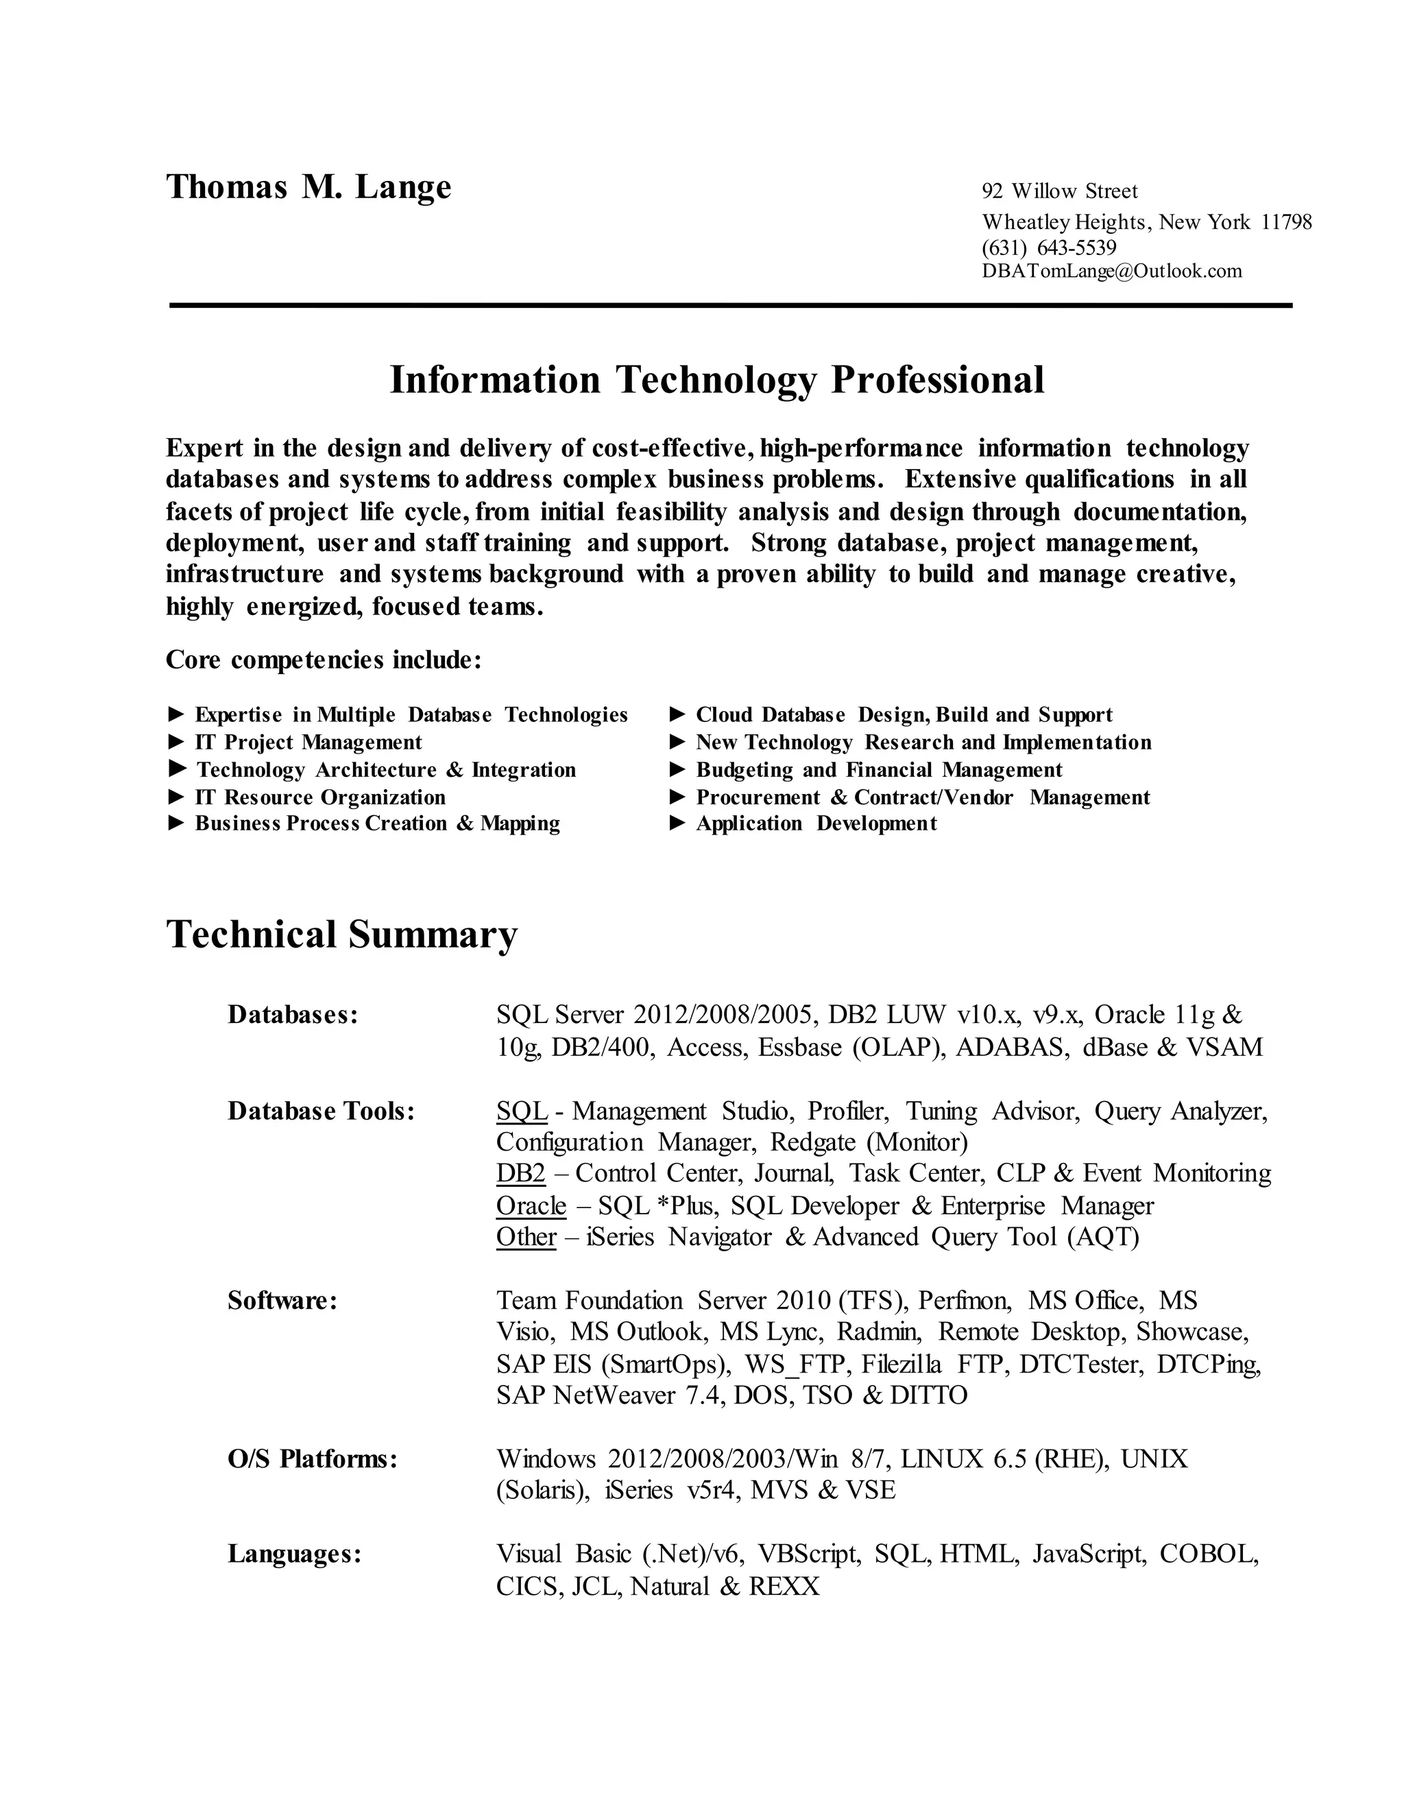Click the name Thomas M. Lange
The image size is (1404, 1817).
pos(308,187)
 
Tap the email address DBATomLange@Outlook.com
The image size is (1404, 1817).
pos(1112,272)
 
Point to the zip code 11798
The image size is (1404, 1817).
pos(1286,222)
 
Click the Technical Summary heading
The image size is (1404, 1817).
pos(342,935)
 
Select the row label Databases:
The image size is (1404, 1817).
pos(293,1015)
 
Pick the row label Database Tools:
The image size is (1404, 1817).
pos(321,1111)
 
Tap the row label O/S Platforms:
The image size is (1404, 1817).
pos(313,1458)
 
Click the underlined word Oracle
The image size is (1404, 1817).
pos(531,1205)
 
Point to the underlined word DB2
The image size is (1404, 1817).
pos(521,1173)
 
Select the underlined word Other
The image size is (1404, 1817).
pos(526,1237)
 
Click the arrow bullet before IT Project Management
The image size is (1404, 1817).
pos(176,741)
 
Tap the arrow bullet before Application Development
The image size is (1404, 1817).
pos(678,823)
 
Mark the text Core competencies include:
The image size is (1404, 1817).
pos(324,660)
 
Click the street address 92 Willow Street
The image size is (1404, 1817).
pos(1060,191)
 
